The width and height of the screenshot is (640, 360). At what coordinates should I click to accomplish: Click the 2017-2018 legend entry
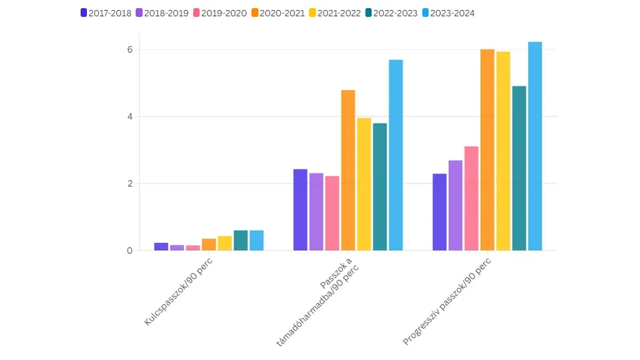point(106,13)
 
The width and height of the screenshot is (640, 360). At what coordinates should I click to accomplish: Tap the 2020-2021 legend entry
point(277,13)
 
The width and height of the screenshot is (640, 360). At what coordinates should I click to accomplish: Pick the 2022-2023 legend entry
point(391,13)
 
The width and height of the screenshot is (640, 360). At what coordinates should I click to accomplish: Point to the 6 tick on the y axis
point(129,50)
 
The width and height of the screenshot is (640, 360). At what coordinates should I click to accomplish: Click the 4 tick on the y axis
point(129,117)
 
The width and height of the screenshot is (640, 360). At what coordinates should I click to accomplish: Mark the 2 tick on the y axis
point(129,184)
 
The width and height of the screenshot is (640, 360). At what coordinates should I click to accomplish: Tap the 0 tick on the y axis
point(129,251)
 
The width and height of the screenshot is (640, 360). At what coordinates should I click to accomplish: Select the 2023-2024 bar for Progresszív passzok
point(535,146)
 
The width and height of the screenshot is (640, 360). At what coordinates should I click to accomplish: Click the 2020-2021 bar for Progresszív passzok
point(487,150)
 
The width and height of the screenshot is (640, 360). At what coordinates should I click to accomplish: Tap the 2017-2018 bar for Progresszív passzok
point(439,212)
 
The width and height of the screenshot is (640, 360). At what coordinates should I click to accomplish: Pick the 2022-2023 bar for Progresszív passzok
point(519,168)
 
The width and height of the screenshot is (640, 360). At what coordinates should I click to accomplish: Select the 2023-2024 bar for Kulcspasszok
point(256,241)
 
